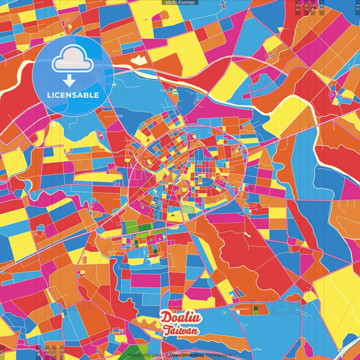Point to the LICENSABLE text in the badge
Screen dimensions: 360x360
(73, 95)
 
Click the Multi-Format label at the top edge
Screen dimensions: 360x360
(180, 3)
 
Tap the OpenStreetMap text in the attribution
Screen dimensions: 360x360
(188, 354)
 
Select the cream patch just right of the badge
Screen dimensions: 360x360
(138, 60)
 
